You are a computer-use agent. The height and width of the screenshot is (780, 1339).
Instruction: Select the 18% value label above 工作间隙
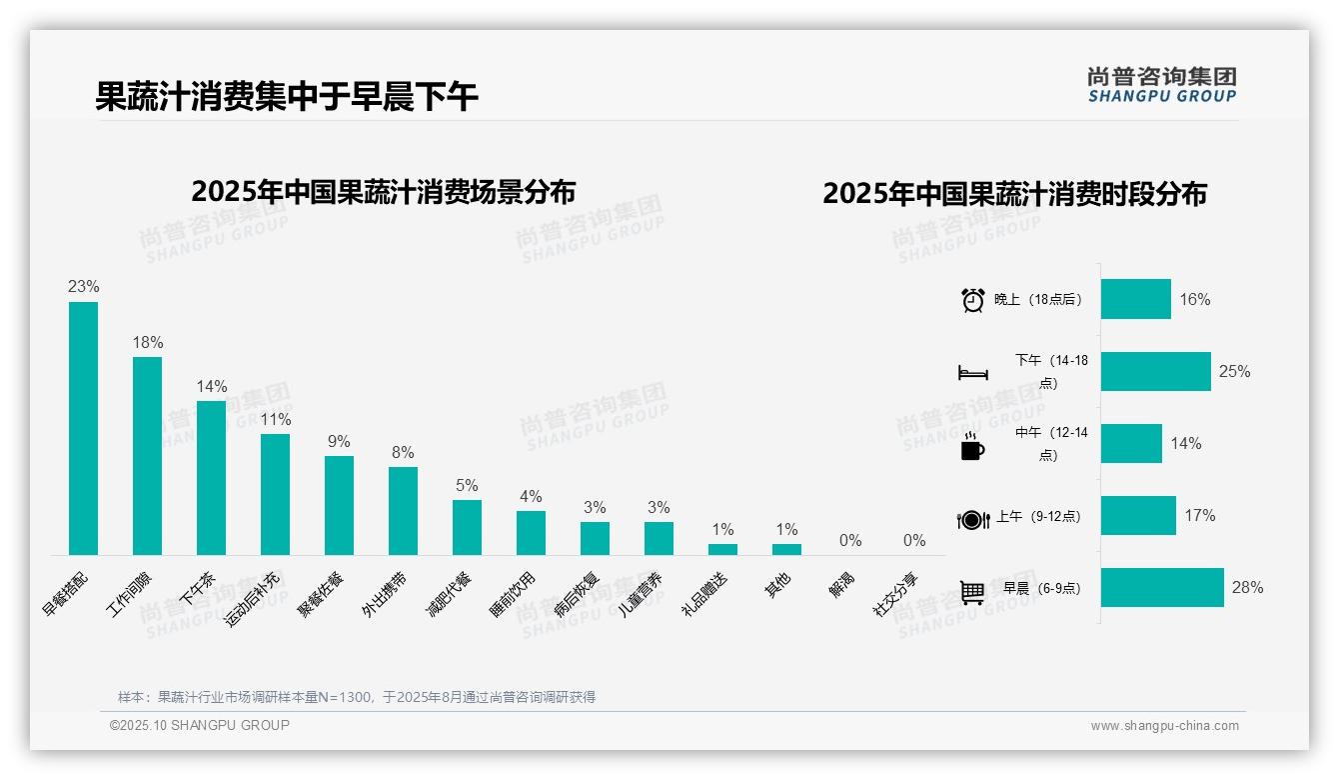click(x=148, y=343)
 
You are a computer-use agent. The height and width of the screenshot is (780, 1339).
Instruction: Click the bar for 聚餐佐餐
click(x=339, y=505)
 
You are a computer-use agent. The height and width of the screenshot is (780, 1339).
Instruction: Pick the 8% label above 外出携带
click(x=403, y=453)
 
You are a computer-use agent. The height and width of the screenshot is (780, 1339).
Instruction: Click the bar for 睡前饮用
click(x=531, y=533)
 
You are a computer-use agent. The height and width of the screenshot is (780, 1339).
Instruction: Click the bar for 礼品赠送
click(x=722, y=549)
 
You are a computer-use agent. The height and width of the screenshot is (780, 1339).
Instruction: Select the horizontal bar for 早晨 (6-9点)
click(x=1162, y=588)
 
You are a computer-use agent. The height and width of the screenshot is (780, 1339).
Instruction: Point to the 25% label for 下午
click(x=1234, y=372)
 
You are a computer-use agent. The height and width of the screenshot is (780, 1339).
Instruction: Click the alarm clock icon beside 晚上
click(x=972, y=300)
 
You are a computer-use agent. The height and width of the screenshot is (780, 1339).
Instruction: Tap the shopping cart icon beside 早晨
click(x=972, y=592)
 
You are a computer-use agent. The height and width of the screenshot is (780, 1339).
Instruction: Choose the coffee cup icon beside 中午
click(x=972, y=446)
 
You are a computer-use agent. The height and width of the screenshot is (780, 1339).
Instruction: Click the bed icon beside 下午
click(x=972, y=373)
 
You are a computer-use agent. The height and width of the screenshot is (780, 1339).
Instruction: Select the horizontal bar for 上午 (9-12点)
click(x=1138, y=516)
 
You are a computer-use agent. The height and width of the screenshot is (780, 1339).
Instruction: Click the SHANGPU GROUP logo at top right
click(x=1161, y=84)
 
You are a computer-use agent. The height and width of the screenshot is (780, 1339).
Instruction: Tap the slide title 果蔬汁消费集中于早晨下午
click(x=287, y=97)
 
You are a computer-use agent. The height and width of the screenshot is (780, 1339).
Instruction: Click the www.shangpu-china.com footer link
click(x=1164, y=726)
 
